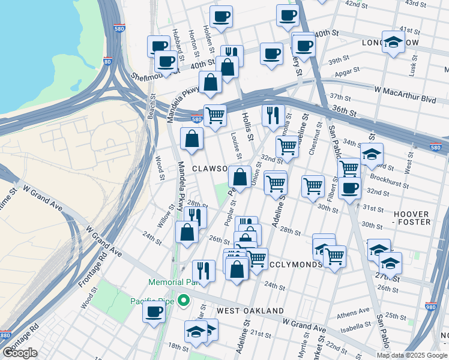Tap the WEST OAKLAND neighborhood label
point(250,310)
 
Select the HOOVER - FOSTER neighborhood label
point(412,218)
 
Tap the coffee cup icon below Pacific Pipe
point(154,312)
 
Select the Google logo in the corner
point(20,352)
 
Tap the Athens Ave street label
point(354,313)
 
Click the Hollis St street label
point(248,126)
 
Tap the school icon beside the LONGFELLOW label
point(393,42)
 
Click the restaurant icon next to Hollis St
point(273,114)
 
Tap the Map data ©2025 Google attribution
point(412,355)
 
